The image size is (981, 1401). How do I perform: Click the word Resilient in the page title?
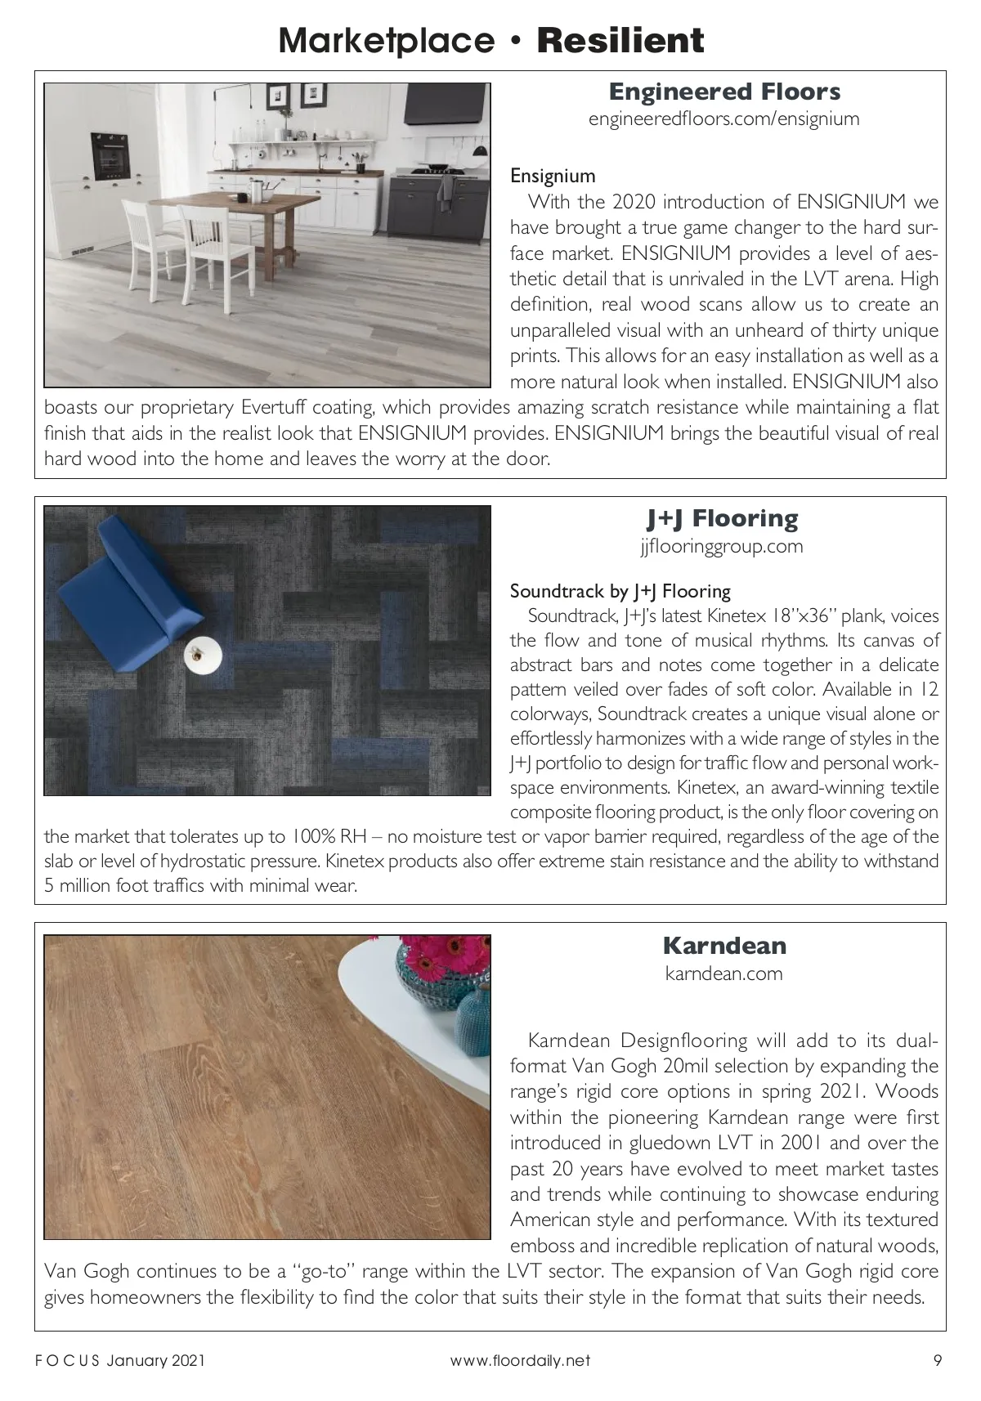(620, 40)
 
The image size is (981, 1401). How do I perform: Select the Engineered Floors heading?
(724, 92)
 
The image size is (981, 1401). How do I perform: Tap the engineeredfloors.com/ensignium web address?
(724, 119)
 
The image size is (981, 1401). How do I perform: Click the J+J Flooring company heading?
(723, 518)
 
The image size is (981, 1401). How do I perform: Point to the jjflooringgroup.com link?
(723, 546)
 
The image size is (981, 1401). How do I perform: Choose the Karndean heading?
(724, 946)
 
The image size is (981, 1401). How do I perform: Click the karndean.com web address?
(724, 974)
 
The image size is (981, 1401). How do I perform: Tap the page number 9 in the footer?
(937, 1361)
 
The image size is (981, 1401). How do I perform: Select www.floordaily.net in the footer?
(520, 1361)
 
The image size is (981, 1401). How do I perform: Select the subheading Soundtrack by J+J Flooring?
(620, 591)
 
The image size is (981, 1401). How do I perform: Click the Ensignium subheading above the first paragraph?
(553, 176)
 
